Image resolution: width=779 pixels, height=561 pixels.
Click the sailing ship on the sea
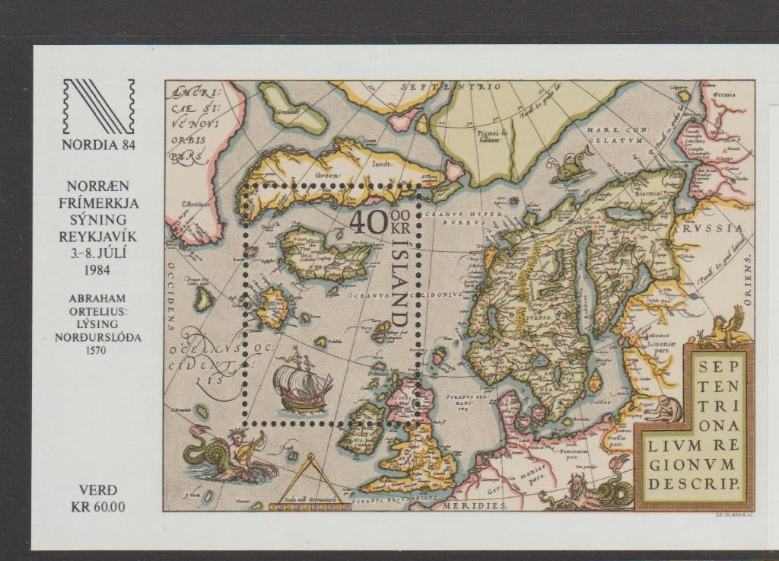tap(302, 385)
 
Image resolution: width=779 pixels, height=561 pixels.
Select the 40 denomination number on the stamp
tap(367, 222)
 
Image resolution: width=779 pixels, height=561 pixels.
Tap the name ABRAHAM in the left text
tap(100, 298)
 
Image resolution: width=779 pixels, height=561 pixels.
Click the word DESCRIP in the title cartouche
tap(695, 483)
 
